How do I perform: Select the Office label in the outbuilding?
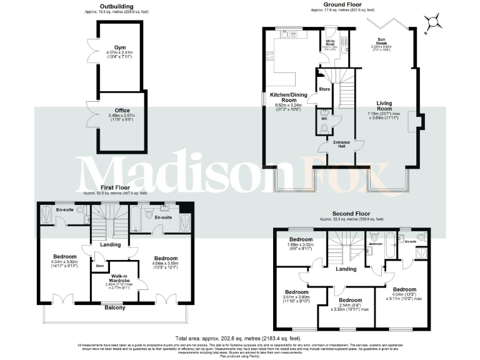pyautogui.click(x=122, y=110)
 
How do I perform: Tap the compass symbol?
pyautogui.click(x=431, y=23)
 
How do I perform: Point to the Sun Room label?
pyautogui.click(x=377, y=42)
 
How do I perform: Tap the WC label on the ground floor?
pyautogui.click(x=324, y=118)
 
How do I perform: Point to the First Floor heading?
pyautogui.click(x=115, y=187)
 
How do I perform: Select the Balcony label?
pyautogui.click(x=114, y=307)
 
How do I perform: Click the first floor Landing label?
pyautogui.click(x=111, y=244)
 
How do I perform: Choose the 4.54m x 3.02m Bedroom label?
pyautogui.click(x=65, y=257)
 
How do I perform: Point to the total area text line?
pyautogui.click(x=239, y=338)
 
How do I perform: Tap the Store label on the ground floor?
pyautogui.click(x=324, y=89)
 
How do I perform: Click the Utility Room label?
pyautogui.click(x=329, y=43)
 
